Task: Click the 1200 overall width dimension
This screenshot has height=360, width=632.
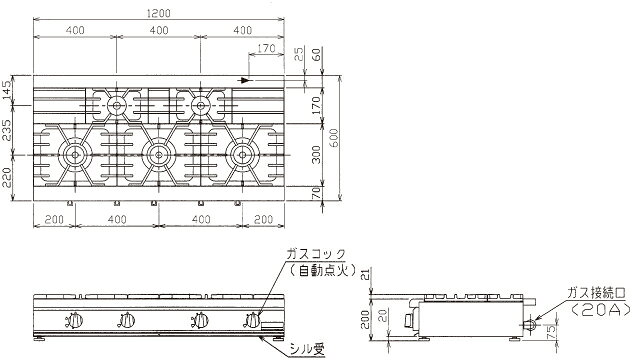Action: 159,13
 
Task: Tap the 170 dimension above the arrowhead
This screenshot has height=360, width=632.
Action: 266,48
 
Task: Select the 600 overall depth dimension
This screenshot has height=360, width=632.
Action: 335,137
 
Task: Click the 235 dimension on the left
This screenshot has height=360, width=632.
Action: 7,130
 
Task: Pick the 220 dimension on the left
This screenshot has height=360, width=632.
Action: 7,178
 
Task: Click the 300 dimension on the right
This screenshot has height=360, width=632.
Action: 317,155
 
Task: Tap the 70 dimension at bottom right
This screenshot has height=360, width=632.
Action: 317,193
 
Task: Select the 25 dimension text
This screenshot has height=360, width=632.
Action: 299,54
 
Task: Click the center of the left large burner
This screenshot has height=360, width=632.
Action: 75,155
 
